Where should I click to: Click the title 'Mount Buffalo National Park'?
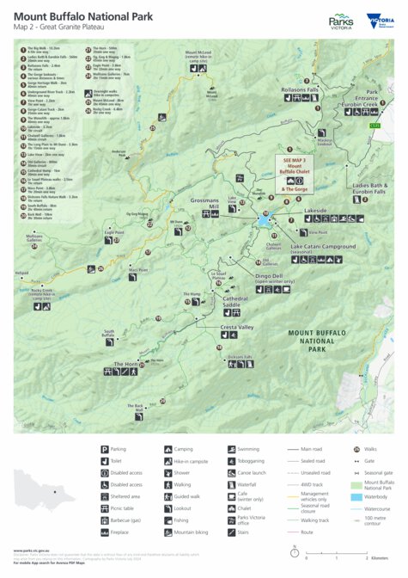pos(94,15)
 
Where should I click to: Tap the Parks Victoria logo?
pos(342,22)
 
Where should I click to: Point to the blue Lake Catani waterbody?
pos(263,220)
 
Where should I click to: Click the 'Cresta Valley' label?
pos(237,328)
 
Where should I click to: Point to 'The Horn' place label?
pos(125,364)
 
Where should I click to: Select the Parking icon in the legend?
pos(105,449)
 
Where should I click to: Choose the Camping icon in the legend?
pos(167,449)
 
